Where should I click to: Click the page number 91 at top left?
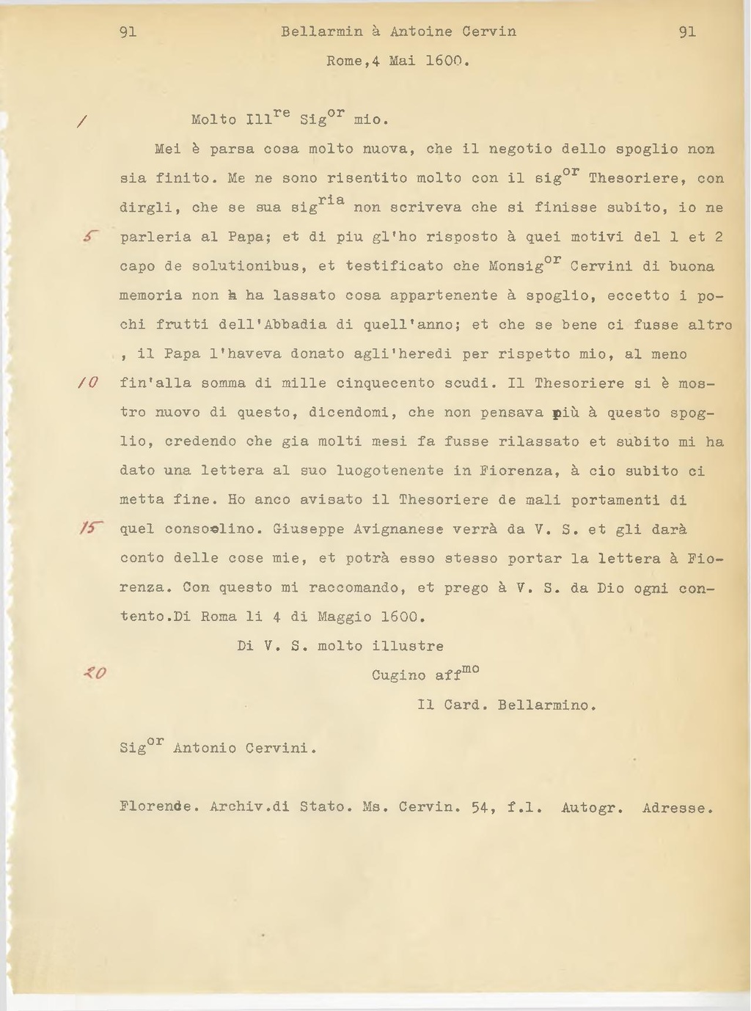point(128,32)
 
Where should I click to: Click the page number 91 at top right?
point(687,32)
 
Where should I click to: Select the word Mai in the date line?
point(403,61)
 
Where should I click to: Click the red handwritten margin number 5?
point(89,236)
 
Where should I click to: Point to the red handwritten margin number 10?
point(89,383)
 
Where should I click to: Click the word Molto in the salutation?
point(213,120)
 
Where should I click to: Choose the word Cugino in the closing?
point(398,676)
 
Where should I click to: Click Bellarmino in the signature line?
point(546,705)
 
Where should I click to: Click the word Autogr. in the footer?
point(592,809)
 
